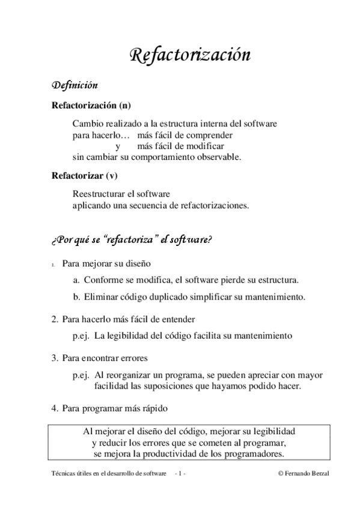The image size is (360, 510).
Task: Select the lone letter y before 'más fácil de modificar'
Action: point(117,146)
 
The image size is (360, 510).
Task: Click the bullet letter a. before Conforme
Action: point(77,280)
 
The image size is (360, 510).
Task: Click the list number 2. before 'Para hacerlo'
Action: point(55,319)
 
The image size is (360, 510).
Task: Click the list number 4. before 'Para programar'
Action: point(55,408)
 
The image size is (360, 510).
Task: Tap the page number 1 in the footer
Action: point(180,474)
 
